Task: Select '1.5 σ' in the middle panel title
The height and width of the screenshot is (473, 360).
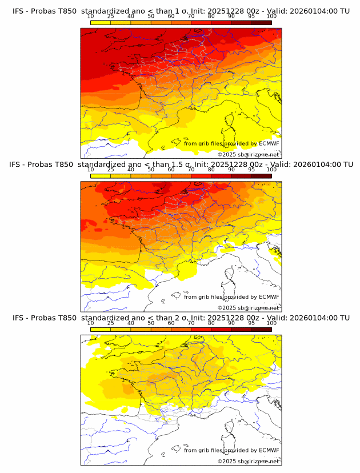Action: pos(189,165)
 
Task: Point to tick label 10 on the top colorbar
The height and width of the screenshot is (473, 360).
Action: pos(91,17)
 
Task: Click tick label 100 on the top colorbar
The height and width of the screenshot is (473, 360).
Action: pos(271,17)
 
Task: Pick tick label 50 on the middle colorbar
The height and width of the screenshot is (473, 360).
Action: pos(151,170)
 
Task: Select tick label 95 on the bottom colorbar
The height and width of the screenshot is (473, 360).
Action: pos(251,323)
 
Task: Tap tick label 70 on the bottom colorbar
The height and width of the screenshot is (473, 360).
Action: pos(191,323)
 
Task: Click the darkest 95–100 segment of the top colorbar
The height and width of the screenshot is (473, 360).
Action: pos(261,22)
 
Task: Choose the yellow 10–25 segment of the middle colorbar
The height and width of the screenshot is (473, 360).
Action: pos(101,175)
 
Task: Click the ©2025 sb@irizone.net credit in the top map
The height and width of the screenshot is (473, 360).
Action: pos(248,154)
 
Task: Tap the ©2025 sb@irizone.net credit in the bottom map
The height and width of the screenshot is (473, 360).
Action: pos(248,461)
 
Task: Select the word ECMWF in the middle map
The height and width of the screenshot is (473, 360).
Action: pos(269,296)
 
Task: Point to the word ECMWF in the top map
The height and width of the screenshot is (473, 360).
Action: pos(269,143)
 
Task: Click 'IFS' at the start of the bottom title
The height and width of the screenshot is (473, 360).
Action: pos(18,318)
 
